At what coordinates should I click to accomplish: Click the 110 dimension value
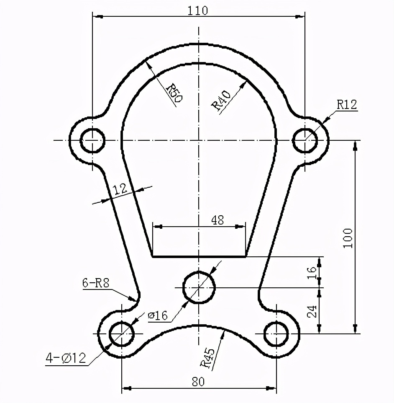tap(197, 10)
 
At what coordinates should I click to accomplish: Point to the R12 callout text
tap(347, 105)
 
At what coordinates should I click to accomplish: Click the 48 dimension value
tap(217, 220)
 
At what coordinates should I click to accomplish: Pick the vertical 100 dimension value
tap(348, 238)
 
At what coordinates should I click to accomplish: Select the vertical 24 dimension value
tap(312, 311)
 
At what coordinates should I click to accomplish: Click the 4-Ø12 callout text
tap(66, 358)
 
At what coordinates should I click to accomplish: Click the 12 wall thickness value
tap(120, 189)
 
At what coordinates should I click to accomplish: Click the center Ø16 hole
tap(200, 287)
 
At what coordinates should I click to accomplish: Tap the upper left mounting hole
tap(92, 140)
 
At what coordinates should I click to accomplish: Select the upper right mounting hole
tap(305, 140)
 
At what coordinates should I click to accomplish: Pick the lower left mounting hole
tap(122, 333)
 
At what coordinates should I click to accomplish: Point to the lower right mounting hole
tap(276, 333)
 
